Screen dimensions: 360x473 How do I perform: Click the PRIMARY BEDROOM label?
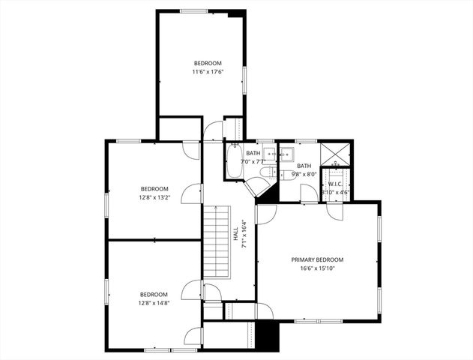[317, 259]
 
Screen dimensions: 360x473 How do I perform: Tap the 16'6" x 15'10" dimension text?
[317, 268]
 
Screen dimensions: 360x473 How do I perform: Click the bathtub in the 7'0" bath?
[232, 161]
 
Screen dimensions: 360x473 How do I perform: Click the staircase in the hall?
[216, 242]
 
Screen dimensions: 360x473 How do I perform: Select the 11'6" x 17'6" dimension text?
[208, 72]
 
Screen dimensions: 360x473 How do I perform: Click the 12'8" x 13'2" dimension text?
[154, 198]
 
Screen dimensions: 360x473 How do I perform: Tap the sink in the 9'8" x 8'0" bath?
[287, 154]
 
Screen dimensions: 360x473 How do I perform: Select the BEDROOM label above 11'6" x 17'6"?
[208, 63]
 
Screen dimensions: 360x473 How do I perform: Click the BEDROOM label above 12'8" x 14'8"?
[154, 295]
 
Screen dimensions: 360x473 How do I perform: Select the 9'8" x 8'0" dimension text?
[304, 175]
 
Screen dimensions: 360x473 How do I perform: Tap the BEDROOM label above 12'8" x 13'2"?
[154, 189]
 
